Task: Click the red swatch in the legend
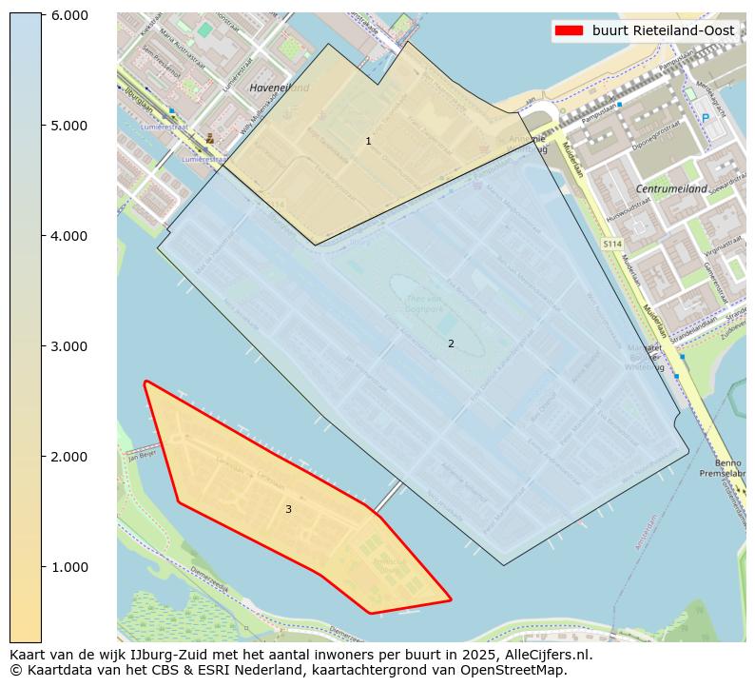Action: [x=569, y=30]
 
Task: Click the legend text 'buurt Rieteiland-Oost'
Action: [x=663, y=30]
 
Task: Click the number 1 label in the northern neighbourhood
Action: [x=368, y=141]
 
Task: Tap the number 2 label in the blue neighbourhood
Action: [x=451, y=343]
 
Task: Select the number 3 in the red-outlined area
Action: [x=288, y=509]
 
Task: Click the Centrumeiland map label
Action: [x=671, y=189]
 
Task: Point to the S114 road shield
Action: [x=611, y=245]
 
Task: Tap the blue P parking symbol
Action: [x=705, y=117]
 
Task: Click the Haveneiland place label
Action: [x=280, y=88]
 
